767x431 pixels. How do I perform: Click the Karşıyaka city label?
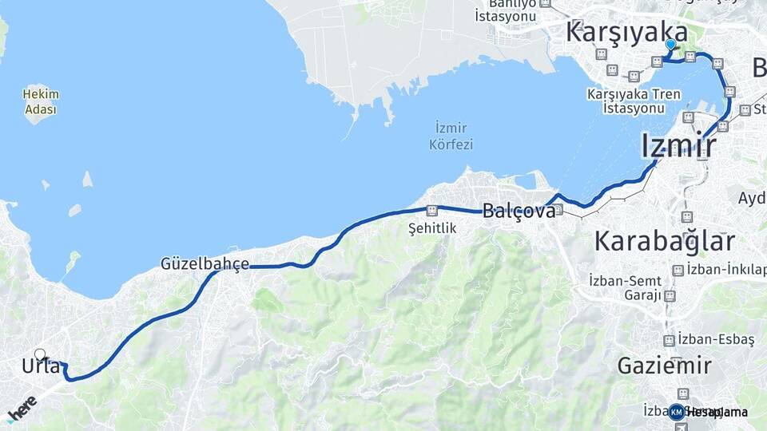(x=626, y=32)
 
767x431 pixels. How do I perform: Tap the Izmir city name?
(x=678, y=147)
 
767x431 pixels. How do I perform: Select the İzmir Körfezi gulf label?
(x=452, y=136)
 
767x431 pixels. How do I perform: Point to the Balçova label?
(x=518, y=212)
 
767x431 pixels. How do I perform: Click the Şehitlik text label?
(x=431, y=228)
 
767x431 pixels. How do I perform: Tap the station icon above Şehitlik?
(x=432, y=212)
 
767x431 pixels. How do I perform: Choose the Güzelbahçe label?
(x=205, y=263)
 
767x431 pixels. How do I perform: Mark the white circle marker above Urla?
(x=40, y=354)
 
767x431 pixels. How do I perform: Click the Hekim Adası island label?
(x=41, y=101)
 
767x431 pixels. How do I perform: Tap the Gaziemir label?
(x=664, y=366)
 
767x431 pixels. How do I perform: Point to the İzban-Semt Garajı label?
(x=626, y=287)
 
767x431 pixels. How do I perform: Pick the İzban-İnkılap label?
(x=726, y=269)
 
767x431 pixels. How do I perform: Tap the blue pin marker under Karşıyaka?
(x=670, y=46)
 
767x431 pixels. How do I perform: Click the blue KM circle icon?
(x=677, y=412)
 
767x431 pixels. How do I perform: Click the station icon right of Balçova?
(x=558, y=210)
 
